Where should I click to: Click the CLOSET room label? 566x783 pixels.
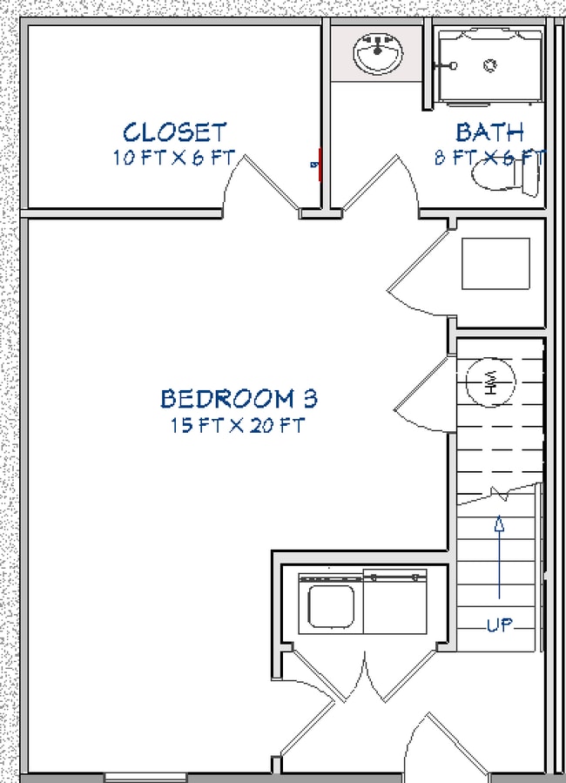[x=174, y=132]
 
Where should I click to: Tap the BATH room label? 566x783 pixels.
[x=490, y=132]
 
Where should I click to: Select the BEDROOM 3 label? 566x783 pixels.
[x=239, y=399]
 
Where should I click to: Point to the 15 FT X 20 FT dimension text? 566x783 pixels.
[x=239, y=426]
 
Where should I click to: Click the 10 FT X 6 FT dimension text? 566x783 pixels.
[x=173, y=159]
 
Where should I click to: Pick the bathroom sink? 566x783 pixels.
[x=378, y=53]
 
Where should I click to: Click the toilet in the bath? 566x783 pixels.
[x=505, y=178]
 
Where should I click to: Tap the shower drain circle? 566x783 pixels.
[x=490, y=64]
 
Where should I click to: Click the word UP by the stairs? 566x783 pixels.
[x=500, y=624]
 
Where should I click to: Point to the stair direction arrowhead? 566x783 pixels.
[x=499, y=523]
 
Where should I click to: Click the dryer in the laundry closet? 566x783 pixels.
[x=395, y=603]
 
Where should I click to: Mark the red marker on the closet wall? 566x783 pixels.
[x=320, y=163]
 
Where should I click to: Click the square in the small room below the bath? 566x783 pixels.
[x=495, y=263]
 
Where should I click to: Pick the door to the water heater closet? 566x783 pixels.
[x=421, y=392]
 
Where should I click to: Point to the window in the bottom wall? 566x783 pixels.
[x=131, y=777]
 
